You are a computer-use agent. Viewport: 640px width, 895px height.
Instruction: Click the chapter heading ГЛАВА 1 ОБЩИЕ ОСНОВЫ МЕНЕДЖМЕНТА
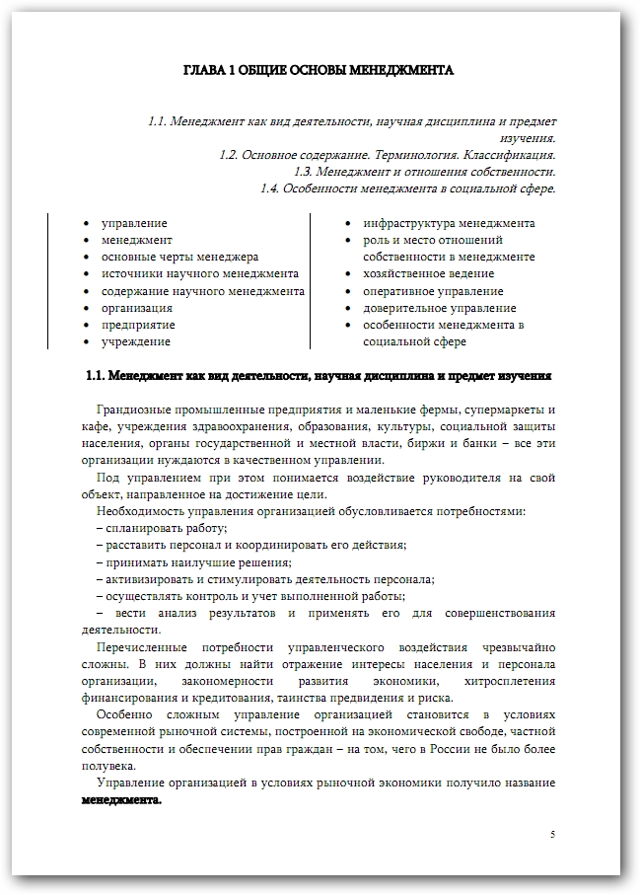tap(319, 71)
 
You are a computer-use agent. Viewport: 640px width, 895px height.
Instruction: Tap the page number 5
tap(552, 835)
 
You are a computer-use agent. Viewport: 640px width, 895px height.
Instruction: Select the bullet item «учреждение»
tap(135, 341)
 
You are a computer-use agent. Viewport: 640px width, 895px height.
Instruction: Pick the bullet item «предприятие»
tap(138, 325)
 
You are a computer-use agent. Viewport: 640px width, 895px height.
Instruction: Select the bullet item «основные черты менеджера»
tap(179, 257)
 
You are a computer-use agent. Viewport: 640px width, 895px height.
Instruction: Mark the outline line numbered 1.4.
tap(407, 188)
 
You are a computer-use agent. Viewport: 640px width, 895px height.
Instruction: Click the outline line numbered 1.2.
tap(387, 155)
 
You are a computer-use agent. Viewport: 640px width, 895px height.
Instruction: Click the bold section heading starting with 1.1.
tap(319, 376)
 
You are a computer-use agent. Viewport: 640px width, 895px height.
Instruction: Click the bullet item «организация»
tap(137, 308)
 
